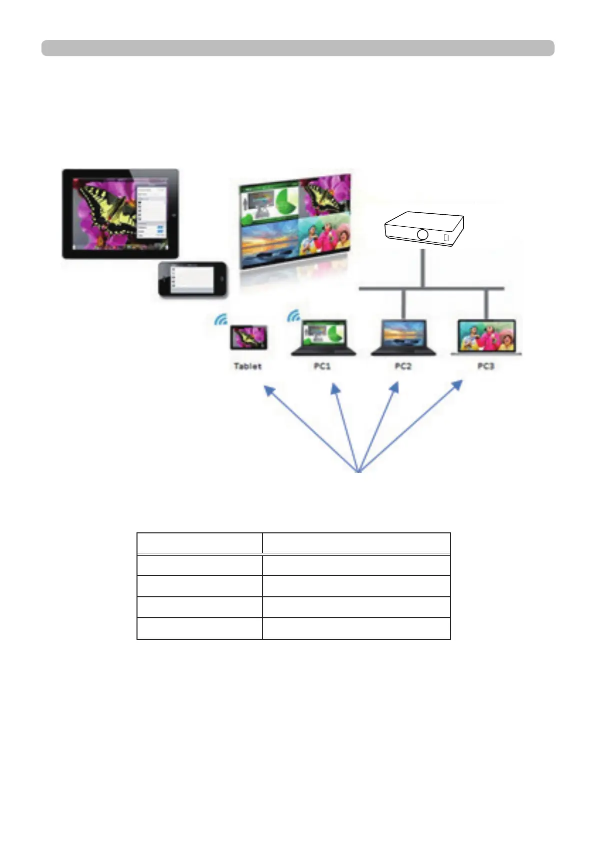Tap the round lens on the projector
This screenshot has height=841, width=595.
pyautogui.click(x=422, y=234)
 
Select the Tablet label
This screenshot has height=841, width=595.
pyautogui.click(x=247, y=366)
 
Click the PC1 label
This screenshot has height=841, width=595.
pyautogui.click(x=322, y=366)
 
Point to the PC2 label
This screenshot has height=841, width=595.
pyautogui.click(x=403, y=366)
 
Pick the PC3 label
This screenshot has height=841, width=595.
pyautogui.click(x=485, y=366)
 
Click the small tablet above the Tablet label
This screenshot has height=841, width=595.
pyautogui.click(x=248, y=338)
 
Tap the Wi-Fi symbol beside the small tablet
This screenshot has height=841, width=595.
pyautogui.click(x=221, y=320)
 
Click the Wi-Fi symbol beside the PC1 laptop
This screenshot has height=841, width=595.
pyautogui.click(x=293, y=316)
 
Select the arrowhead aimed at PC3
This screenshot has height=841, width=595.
pyautogui.click(x=457, y=385)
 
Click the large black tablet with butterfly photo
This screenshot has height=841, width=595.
pyautogui.click(x=120, y=214)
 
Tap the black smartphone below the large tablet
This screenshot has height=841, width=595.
pyautogui.click(x=192, y=279)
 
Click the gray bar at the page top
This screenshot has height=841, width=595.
pyautogui.click(x=297, y=48)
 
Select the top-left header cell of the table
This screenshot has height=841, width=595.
pyautogui.click(x=199, y=543)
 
